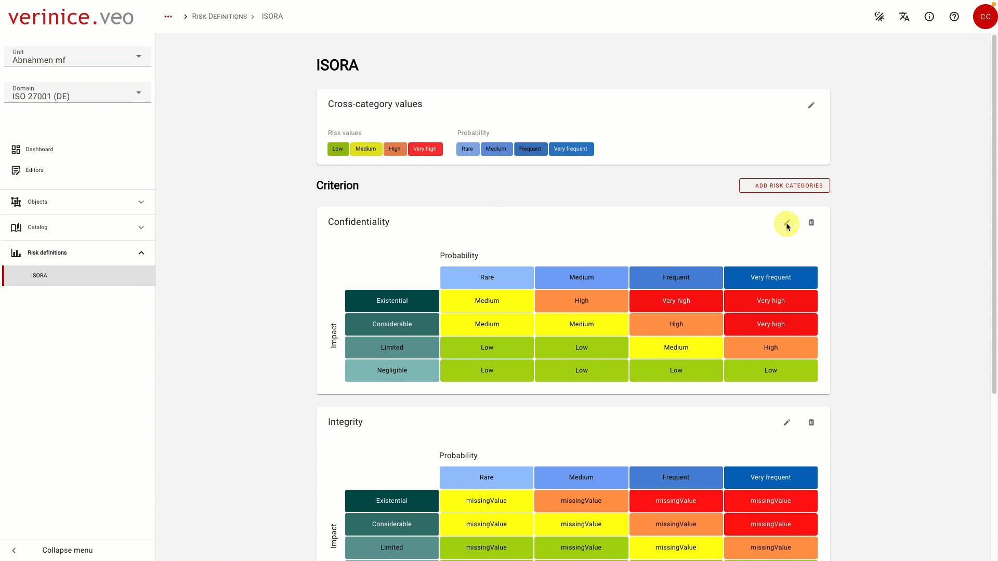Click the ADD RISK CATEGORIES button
(x=784, y=185)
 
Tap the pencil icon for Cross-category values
(x=811, y=105)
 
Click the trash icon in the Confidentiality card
(x=811, y=222)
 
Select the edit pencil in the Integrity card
(x=787, y=422)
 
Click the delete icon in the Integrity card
(x=811, y=422)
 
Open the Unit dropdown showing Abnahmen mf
(x=77, y=56)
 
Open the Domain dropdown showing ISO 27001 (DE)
(x=77, y=92)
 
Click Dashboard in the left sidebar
(x=40, y=150)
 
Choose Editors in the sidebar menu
(x=34, y=170)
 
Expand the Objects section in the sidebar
(x=78, y=202)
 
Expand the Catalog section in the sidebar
(x=78, y=228)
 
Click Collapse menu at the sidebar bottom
(x=67, y=551)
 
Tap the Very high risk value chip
(x=425, y=149)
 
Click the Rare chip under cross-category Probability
(x=467, y=149)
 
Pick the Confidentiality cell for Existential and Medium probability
(x=582, y=301)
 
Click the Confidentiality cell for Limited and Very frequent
(x=771, y=348)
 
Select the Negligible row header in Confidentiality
(x=392, y=370)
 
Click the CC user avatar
(x=985, y=17)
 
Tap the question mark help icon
(x=954, y=17)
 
